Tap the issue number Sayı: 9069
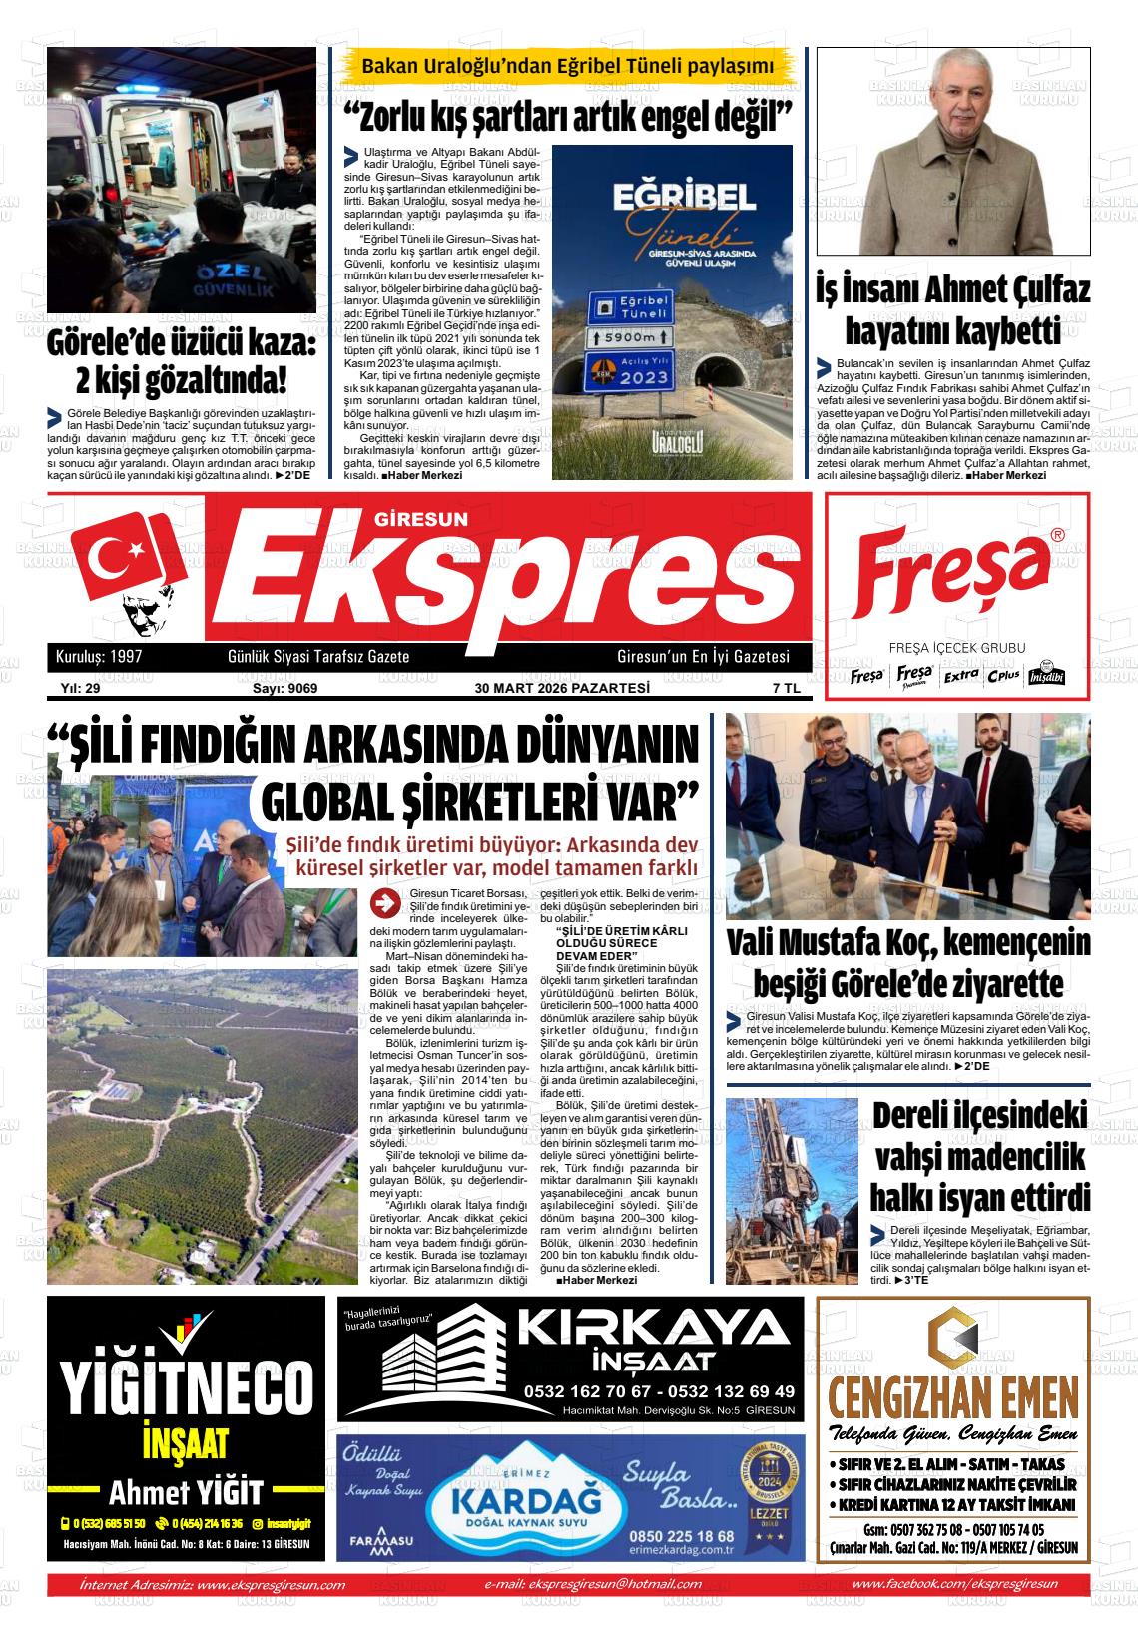(x=284, y=688)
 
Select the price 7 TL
(x=786, y=688)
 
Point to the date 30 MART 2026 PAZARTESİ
(x=562, y=688)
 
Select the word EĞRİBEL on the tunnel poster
(x=672, y=196)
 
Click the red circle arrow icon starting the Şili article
(x=383, y=904)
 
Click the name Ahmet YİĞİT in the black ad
(x=186, y=1492)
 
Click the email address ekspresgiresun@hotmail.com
(x=609, y=1584)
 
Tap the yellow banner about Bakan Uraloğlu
(x=567, y=66)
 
